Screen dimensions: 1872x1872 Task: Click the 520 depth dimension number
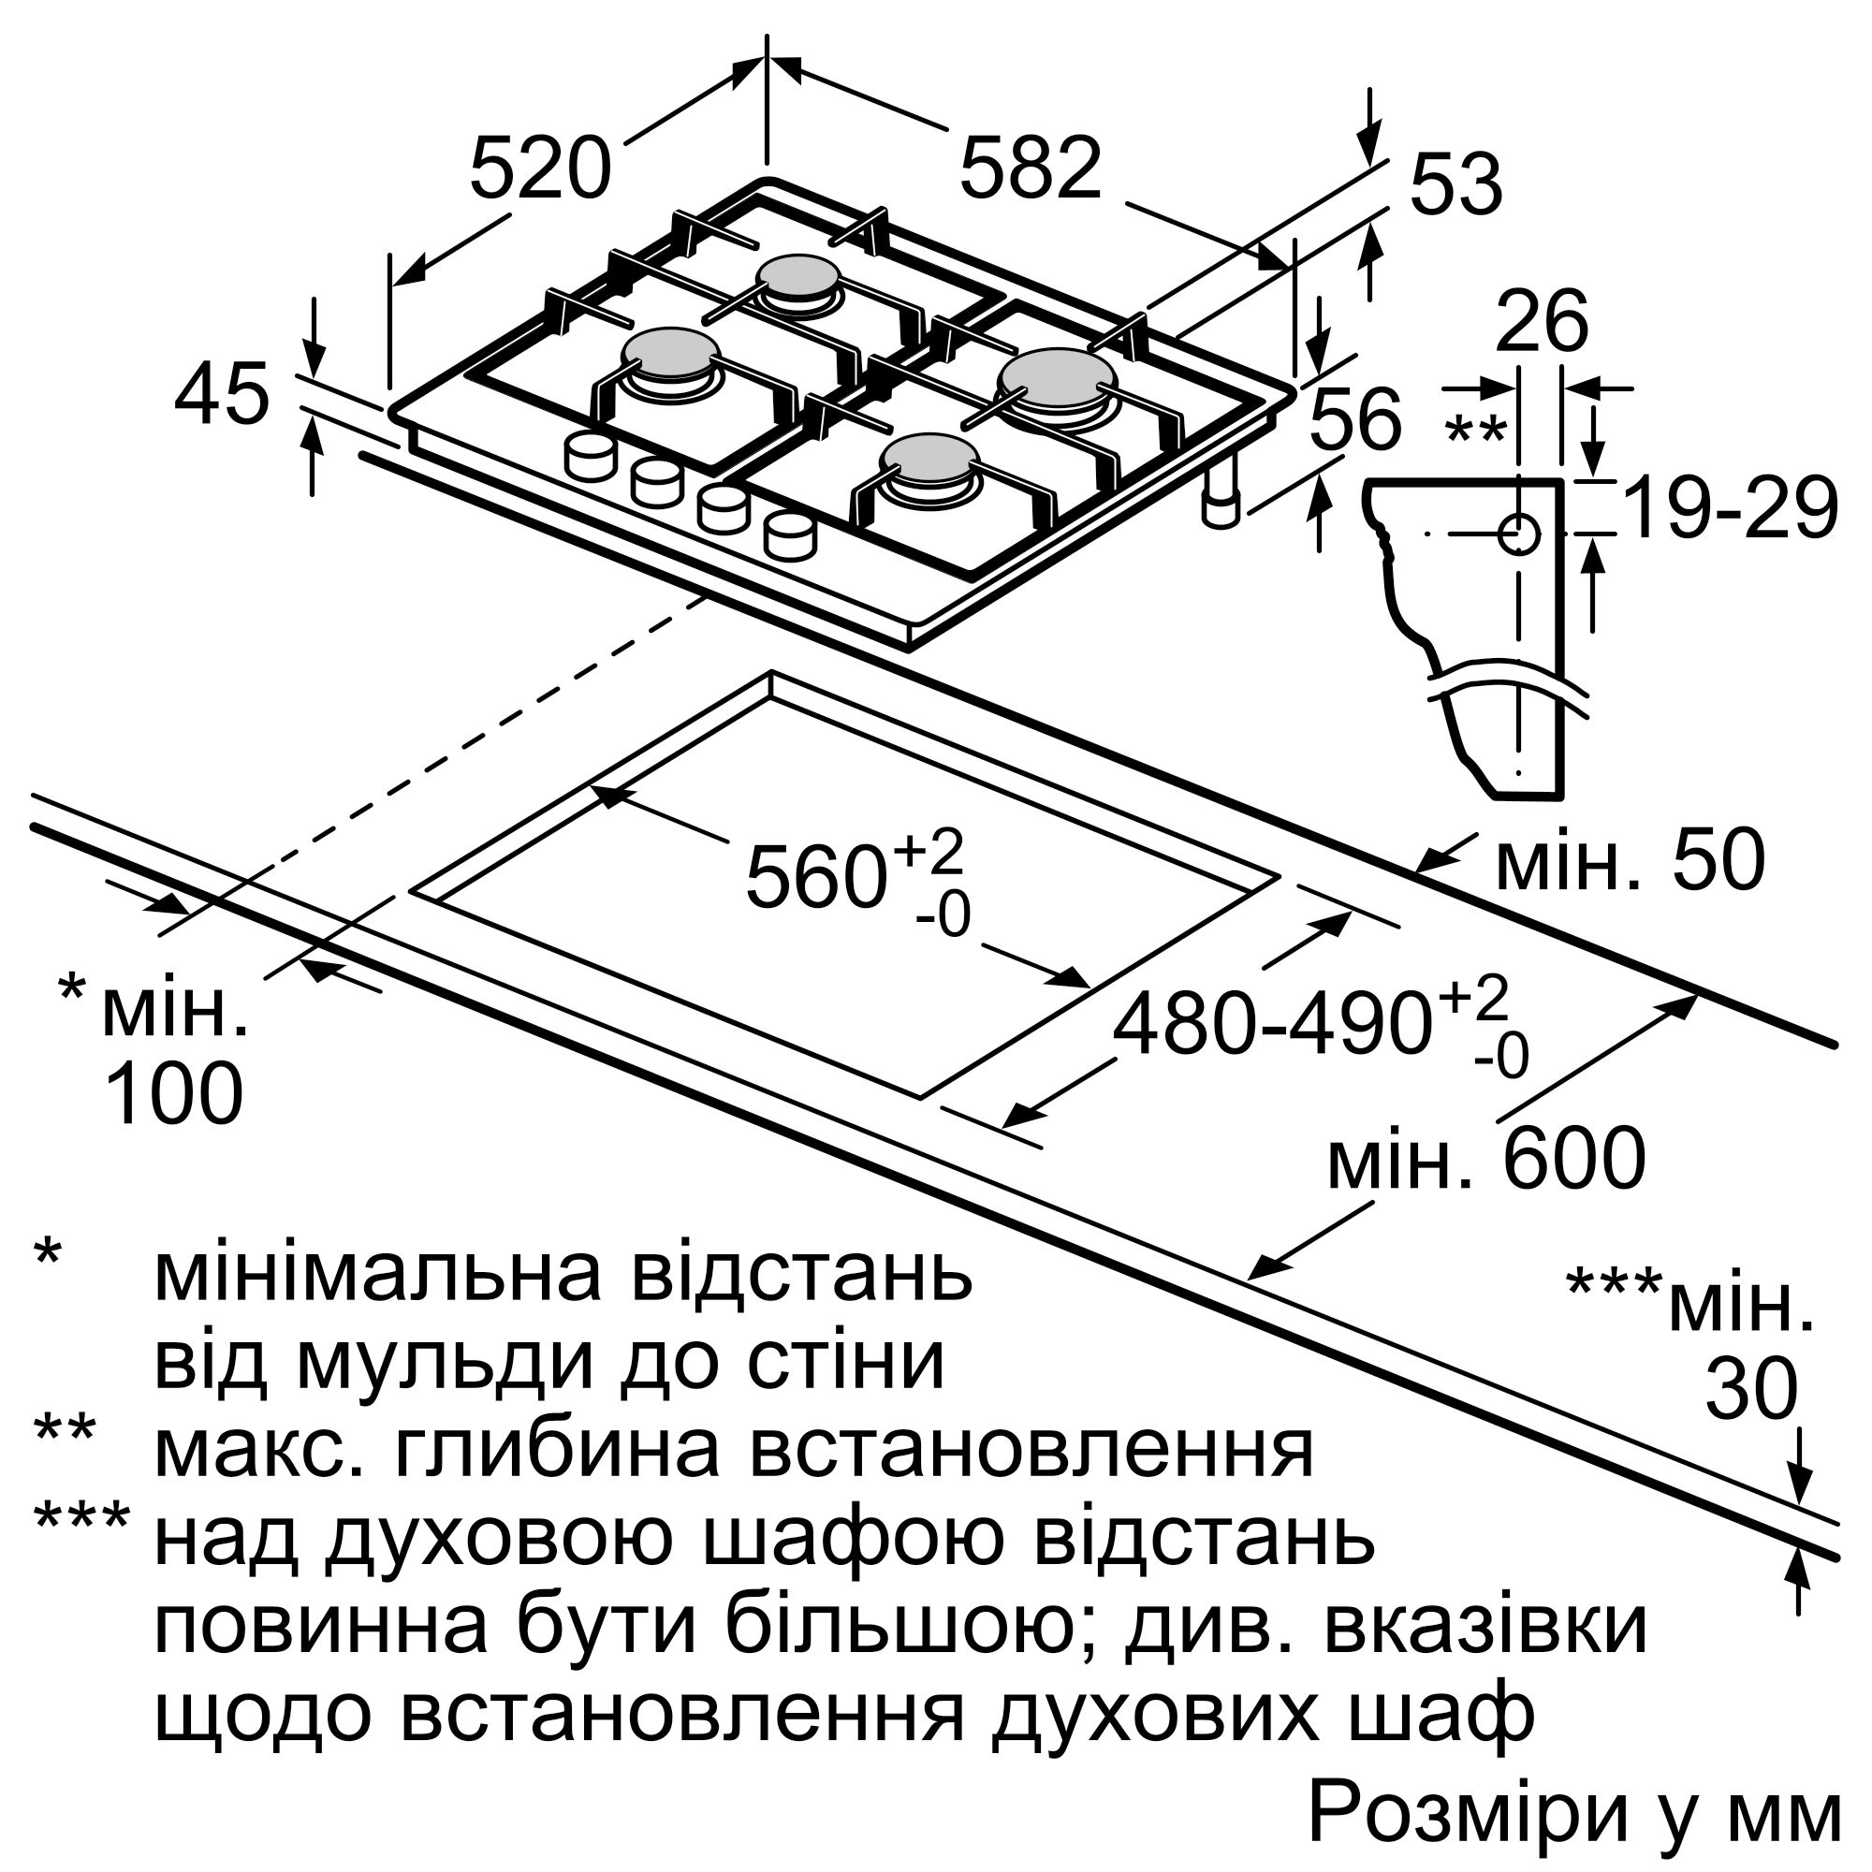pyautogui.click(x=540, y=168)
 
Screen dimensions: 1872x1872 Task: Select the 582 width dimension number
pyautogui.click(x=1031, y=168)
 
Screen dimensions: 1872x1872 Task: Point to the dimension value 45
pyautogui.click(x=221, y=395)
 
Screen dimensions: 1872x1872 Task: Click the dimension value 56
pyautogui.click(x=1354, y=419)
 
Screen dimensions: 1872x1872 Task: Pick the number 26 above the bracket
pyautogui.click(x=1542, y=322)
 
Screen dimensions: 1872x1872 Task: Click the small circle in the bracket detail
pyautogui.click(x=1518, y=534)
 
